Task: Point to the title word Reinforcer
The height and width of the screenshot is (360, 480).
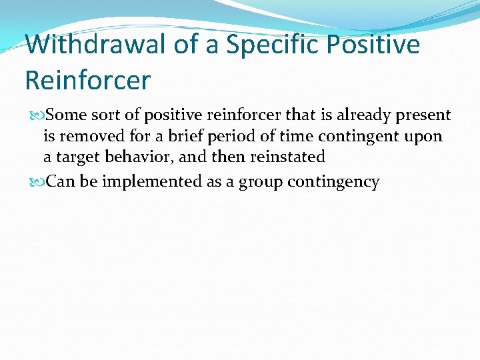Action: click(x=88, y=80)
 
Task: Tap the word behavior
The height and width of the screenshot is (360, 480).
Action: click(x=137, y=158)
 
